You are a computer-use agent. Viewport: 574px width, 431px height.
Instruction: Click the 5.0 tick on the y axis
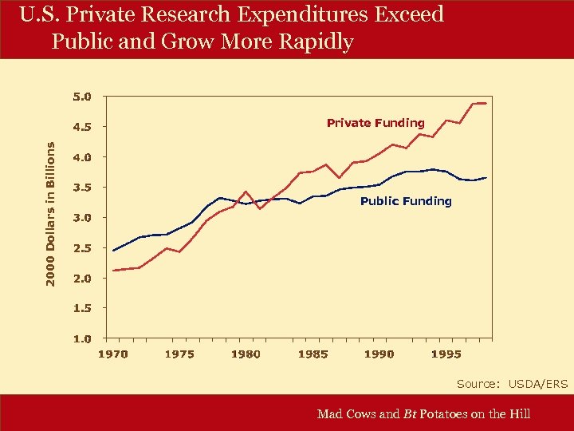point(82,97)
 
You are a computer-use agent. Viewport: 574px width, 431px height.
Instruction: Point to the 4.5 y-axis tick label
point(82,127)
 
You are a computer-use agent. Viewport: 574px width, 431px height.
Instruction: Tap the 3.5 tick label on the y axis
point(82,188)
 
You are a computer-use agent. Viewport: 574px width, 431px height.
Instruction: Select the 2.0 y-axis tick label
point(82,279)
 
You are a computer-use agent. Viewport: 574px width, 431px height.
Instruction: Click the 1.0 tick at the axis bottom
point(82,338)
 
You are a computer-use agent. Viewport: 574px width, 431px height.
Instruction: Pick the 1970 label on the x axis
point(112,354)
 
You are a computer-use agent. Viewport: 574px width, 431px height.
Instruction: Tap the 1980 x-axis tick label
point(246,354)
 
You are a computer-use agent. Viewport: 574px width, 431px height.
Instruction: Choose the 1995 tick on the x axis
point(446,354)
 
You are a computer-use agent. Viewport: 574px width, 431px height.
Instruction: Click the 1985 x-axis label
point(313,354)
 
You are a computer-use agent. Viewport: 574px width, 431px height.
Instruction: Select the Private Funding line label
point(375,123)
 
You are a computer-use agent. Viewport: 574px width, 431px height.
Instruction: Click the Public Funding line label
point(406,201)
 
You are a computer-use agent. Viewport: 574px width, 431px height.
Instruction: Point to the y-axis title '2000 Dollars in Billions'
point(50,215)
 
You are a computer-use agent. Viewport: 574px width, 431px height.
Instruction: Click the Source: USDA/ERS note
point(512,384)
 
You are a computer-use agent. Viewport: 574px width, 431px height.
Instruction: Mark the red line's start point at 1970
point(113,271)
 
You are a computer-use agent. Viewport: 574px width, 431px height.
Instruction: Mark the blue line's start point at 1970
point(113,251)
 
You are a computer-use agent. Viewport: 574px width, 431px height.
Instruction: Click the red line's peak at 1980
point(246,192)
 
